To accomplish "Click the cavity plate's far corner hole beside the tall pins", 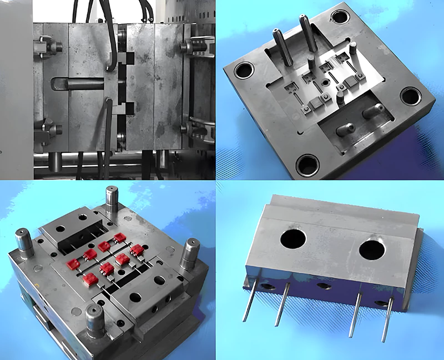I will tap(339, 17).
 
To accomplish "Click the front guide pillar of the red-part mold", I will tap(95, 319).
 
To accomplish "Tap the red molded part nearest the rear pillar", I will tap(120, 238).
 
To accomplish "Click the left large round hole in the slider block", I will tap(294, 239).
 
